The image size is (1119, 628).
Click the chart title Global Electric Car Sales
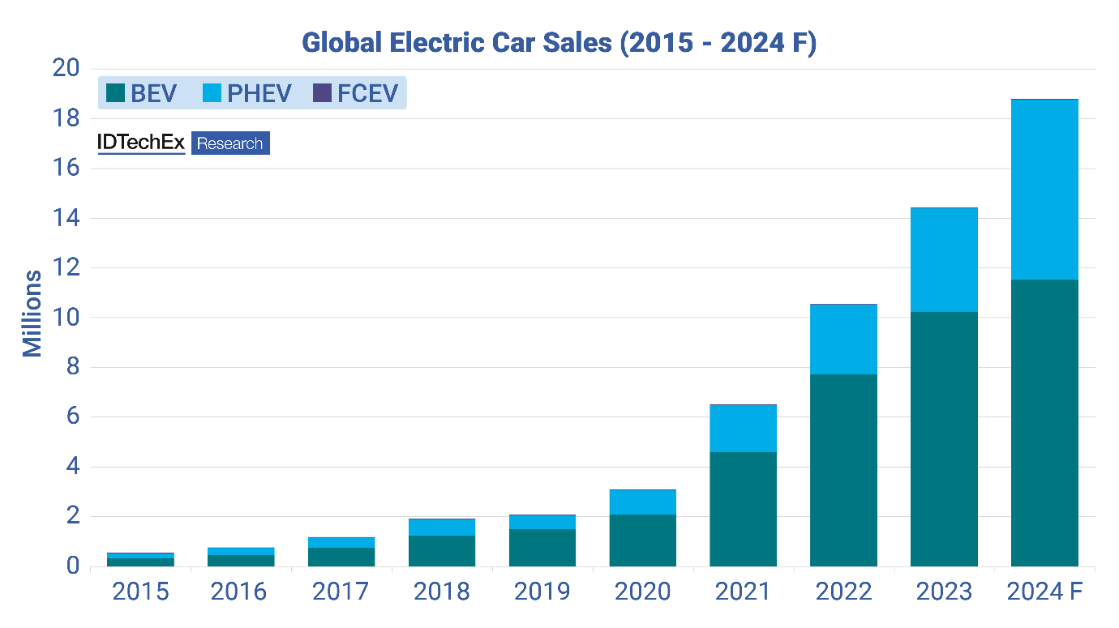point(559,43)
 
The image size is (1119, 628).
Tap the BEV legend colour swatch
point(115,93)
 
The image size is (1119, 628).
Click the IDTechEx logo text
point(141,143)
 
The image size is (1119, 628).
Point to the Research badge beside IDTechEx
point(230,143)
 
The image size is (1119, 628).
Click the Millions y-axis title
point(32,314)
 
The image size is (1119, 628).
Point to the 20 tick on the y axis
point(66,69)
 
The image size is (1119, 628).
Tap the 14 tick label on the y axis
point(66,218)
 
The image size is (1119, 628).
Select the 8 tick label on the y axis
point(72,367)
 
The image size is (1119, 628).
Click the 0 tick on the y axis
point(72,566)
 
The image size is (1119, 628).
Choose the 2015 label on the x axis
point(140,592)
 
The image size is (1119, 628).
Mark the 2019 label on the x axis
point(542,592)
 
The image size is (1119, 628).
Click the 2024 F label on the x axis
point(1046,592)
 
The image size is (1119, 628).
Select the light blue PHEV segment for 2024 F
point(1044,190)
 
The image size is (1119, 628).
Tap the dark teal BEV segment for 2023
point(944,438)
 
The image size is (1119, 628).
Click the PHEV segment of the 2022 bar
point(843,339)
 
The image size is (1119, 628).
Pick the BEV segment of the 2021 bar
point(743,509)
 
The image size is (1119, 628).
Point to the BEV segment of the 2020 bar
point(642,540)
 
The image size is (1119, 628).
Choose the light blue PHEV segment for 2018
point(442,528)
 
